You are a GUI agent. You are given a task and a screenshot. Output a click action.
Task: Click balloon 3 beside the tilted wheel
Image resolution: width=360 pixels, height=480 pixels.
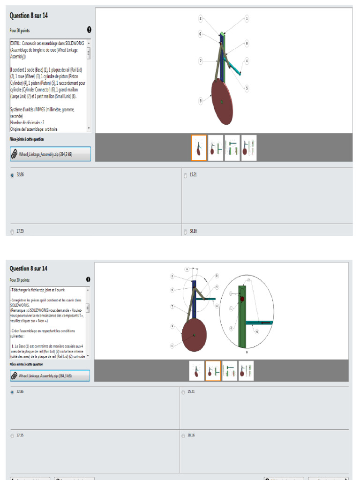tap(201, 100)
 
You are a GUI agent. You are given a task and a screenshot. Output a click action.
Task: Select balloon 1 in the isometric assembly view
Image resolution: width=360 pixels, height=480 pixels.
tap(246, 19)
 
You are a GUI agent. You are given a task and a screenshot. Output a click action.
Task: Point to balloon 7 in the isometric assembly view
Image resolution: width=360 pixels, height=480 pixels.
tap(200, 61)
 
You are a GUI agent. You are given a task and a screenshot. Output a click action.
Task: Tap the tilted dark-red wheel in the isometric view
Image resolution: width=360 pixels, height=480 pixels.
tap(222, 101)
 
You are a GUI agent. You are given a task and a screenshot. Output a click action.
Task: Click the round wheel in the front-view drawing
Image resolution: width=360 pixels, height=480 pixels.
tap(194, 335)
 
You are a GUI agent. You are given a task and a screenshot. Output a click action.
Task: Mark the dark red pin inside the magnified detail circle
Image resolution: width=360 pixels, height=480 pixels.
tap(242, 299)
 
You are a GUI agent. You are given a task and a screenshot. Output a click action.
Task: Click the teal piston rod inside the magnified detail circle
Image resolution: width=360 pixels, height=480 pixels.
tap(260, 322)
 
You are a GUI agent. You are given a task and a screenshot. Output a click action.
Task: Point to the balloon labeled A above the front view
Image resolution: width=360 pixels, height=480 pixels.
tap(187, 269)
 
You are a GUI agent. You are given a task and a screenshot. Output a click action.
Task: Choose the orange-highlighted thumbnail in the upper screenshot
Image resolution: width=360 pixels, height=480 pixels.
tap(199, 148)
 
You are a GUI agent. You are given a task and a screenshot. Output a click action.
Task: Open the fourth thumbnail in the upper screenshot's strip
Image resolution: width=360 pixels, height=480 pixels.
tap(248, 148)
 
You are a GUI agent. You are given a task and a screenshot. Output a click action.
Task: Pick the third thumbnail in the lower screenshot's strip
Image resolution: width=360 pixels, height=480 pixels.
tap(230, 371)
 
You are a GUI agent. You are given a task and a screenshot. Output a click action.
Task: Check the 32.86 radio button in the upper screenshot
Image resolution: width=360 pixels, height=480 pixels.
tap(12, 175)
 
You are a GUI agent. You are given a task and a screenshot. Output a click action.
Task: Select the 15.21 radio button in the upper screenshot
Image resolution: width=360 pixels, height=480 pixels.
tap(186, 175)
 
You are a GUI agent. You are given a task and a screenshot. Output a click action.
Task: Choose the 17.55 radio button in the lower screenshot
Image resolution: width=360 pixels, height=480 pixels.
tap(12, 436)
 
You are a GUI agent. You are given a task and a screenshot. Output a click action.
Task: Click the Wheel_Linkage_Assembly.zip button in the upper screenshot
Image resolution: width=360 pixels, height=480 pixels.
tap(50, 154)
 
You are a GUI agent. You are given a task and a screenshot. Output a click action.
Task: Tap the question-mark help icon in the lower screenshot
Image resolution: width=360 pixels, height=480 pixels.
tap(88, 280)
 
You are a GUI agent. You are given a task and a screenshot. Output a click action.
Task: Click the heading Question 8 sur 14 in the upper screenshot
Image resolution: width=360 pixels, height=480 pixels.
tap(29, 15)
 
